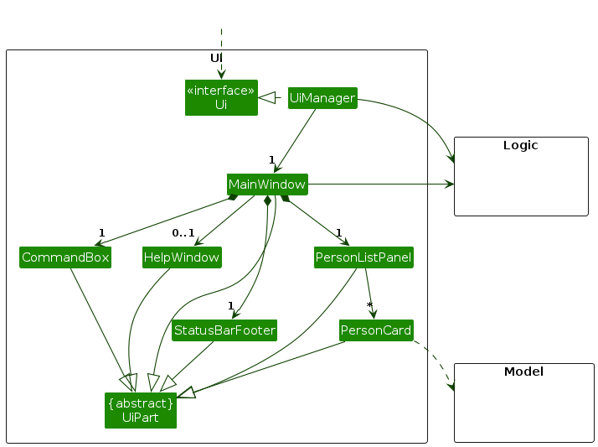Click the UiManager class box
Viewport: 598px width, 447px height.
click(x=322, y=98)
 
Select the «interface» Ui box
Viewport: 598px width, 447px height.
click(x=221, y=97)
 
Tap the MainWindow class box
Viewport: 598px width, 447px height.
click(x=267, y=184)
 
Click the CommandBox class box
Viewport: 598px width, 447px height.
click(x=65, y=257)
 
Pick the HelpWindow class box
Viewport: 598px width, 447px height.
click(x=182, y=257)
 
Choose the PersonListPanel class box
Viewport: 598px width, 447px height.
click(x=363, y=257)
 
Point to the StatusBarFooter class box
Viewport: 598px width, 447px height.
click(x=224, y=330)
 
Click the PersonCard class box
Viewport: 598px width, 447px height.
click(x=376, y=330)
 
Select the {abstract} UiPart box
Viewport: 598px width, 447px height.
click(x=141, y=410)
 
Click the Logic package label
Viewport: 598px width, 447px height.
click(x=520, y=145)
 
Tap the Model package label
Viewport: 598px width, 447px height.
click(x=523, y=372)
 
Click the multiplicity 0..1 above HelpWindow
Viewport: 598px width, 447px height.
click(x=183, y=232)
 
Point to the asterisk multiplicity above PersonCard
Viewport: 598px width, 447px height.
click(x=369, y=305)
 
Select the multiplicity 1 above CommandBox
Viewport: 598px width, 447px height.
click(x=101, y=232)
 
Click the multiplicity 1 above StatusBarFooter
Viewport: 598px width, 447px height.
click(x=229, y=306)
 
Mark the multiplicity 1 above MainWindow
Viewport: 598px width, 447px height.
click(x=272, y=159)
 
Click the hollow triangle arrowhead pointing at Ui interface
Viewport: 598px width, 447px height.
click(x=267, y=98)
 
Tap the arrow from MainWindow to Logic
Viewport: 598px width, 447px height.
click(x=377, y=184)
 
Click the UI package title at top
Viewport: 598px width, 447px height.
click(x=216, y=57)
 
